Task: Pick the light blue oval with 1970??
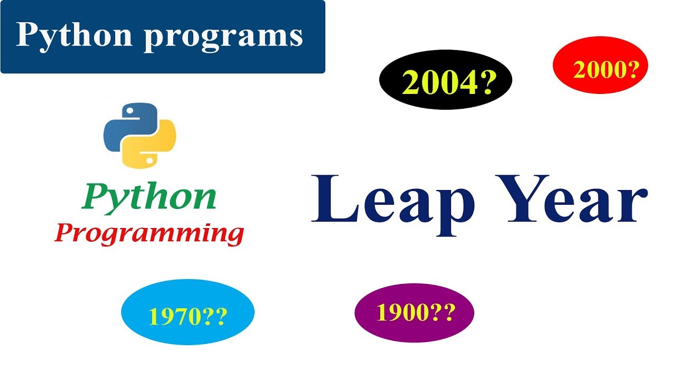pos(187,314)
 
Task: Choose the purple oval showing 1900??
pos(415,313)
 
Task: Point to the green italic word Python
pos(149,196)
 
